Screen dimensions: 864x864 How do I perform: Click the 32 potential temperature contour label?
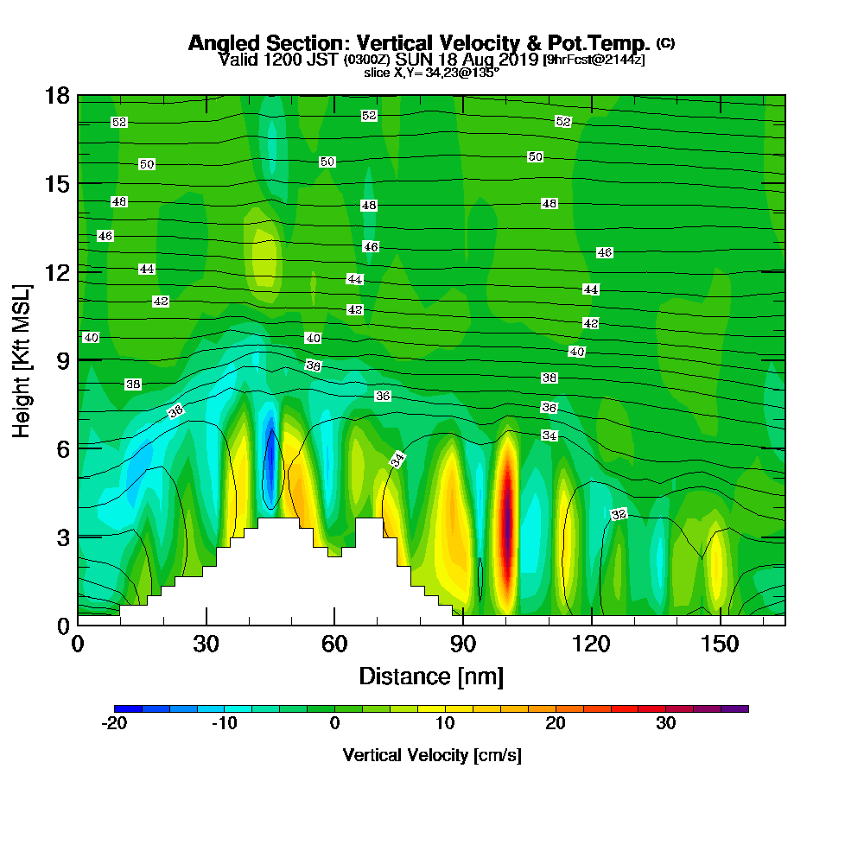tap(619, 515)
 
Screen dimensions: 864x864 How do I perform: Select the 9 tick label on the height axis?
tap(61, 359)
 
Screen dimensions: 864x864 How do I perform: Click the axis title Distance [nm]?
tap(431, 676)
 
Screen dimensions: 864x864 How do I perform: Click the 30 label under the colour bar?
tap(665, 724)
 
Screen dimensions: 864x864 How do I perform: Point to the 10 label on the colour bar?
tap(445, 724)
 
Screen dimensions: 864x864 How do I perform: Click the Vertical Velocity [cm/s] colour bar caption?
tap(431, 755)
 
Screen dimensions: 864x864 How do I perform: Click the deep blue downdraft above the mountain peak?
tap(270, 471)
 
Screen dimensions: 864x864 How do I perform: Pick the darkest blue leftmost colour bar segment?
tap(128, 708)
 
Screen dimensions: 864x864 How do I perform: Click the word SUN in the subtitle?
tap(413, 60)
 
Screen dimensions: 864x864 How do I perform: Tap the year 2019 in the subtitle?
tap(519, 60)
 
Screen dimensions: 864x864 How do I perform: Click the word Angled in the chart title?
tap(219, 43)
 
